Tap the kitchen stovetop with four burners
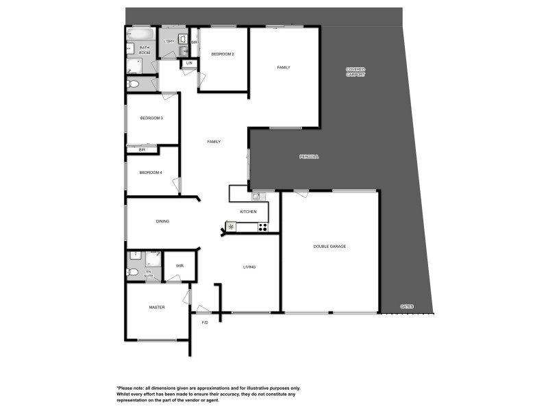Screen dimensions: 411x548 262,227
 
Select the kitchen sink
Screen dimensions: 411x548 256,197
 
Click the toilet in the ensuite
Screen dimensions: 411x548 133,273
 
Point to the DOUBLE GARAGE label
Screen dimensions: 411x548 329,247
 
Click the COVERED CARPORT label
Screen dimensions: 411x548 356,72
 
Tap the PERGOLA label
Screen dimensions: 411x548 309,157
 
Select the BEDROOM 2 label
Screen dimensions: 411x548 223,53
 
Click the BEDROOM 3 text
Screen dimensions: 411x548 151,118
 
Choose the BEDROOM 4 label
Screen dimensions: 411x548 151,173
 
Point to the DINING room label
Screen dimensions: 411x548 162,221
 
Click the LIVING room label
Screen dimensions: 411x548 249,266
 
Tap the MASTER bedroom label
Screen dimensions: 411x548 157,308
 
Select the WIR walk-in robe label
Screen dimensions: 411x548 179,266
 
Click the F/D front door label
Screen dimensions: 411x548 204,323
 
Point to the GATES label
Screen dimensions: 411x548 408,306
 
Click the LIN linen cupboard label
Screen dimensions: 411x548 189,64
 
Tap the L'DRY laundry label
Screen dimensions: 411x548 169,41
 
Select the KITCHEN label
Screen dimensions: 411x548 248,212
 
